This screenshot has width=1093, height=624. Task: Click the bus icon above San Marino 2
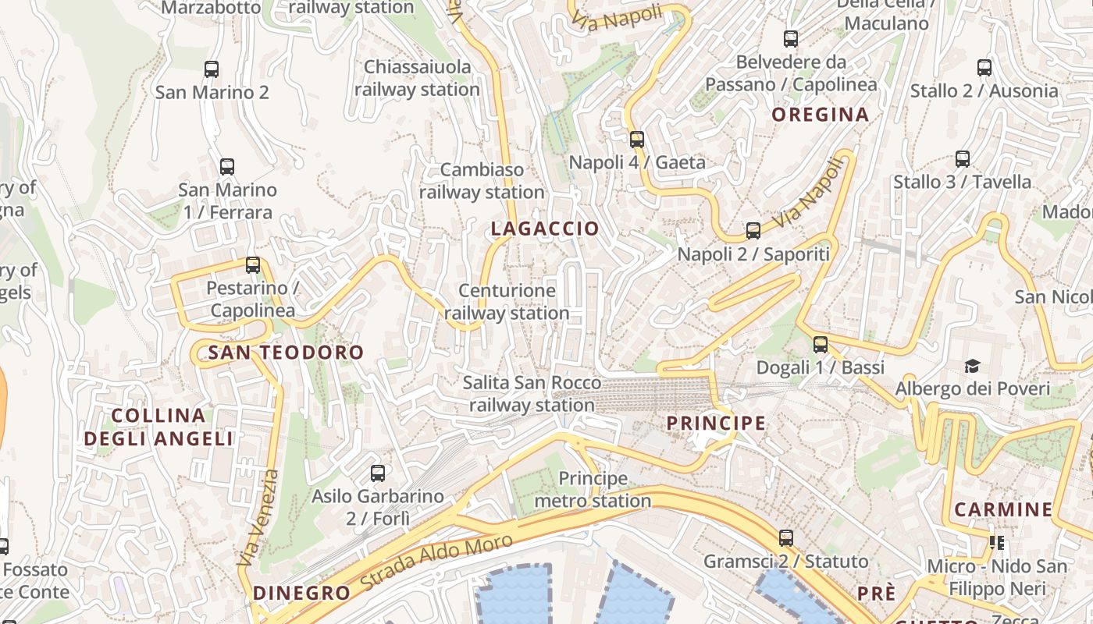212,69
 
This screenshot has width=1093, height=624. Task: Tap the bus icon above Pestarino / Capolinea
253,264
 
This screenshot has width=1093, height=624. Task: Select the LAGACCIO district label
545,229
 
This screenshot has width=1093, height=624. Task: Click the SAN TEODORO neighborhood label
286,353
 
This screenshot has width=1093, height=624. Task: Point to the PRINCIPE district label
716,423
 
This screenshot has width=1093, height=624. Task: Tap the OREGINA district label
821,115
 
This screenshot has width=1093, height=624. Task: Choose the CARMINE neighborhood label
1003,510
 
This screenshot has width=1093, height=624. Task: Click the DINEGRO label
301,593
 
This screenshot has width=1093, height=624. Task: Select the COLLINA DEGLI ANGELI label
158,427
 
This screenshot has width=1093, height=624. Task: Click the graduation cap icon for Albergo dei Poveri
972,366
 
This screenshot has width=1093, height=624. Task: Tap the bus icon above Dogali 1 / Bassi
821,344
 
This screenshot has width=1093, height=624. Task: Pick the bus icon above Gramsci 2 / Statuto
786,537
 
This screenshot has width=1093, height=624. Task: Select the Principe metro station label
593,489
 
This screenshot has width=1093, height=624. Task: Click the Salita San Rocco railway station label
532,394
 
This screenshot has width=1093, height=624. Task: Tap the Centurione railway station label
507,302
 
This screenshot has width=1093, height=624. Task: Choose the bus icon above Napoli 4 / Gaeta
637,140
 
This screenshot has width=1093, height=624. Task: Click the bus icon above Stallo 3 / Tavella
963,159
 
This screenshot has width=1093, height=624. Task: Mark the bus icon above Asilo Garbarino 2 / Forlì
378,473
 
